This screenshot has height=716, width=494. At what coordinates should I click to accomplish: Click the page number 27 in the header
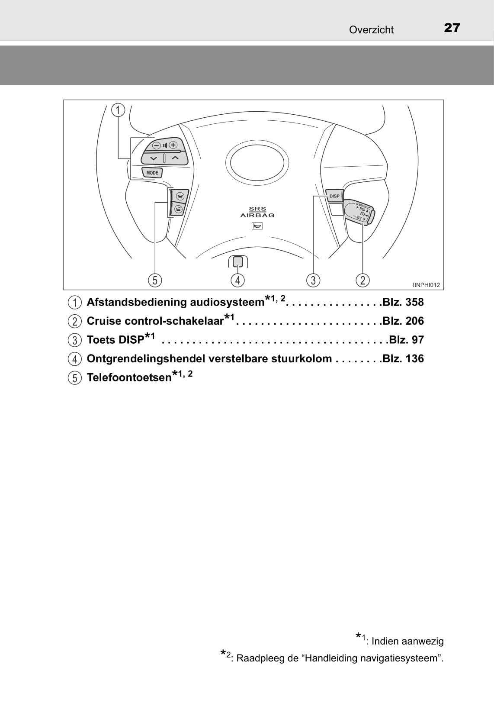click(x=452, y=28)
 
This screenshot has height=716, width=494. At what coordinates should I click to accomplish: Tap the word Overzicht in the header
click(x=371, y=30)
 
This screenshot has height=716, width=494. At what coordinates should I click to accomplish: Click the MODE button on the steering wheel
click(x=152, y=173)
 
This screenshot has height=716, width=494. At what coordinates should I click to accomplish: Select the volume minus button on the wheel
click(x=156, y=145)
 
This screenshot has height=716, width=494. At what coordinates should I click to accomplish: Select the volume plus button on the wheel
click(x=173, y=145)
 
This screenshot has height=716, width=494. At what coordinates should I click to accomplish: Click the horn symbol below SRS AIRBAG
click(x=257, y=226)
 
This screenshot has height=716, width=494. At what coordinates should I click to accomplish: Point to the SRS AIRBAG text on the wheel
click(x=257, y=212)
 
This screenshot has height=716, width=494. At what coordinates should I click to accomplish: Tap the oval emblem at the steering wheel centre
click(x=257, y=163)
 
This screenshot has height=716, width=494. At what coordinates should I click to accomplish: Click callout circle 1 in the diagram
click(x=118, y=110)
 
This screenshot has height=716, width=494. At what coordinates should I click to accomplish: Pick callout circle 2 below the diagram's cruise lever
click(x=363, y=281)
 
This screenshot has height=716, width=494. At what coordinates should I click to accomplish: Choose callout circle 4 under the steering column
click(x=237, y=281)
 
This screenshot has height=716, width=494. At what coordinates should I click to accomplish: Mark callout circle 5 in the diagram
click(x=155, y=281)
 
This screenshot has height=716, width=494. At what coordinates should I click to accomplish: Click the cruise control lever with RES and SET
click(x=359, y=213)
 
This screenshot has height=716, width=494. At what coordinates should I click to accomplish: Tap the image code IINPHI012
click(x=427, y=285)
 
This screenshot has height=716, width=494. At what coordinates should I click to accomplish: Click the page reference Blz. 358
click(x=403, y=302)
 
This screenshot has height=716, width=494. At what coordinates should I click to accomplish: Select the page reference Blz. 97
click(x=407, y=340)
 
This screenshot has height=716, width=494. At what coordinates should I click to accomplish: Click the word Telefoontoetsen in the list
click(x=129, y=377)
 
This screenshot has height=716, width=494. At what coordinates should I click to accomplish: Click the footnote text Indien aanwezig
click(x=407, y=641)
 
